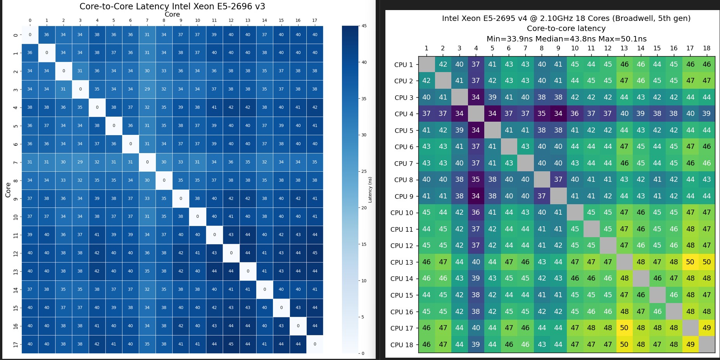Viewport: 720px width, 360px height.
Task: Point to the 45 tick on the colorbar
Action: pyautogui.click(x=364, y=26)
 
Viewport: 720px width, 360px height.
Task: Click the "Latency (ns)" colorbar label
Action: pyautogui.click(x=370, y=190)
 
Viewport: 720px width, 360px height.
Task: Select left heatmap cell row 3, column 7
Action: pyautogui.click(x=147, y=89)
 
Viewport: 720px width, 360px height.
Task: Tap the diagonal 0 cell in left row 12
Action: pyautogui.click(x=231, y=253)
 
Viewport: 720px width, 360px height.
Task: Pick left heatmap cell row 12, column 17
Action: pyautogui.click(x=315, y=253)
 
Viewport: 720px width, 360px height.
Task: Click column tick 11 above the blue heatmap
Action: pyautogui.click(x=214, y=21)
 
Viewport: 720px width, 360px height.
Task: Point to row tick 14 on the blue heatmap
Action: pyautogui.click(x=16, y=289)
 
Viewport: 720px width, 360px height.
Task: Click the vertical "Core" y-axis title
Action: pyautogui.click(x=8, y=190)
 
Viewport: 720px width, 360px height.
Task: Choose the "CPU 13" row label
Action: pyautogui.click(x=402, y=262)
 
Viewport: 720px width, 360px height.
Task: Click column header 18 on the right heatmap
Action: pyautogui.click(x=706, y=48)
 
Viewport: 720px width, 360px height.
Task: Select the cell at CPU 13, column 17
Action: pyautogui.click(x=690, y=262)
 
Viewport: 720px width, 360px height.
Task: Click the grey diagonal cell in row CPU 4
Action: pyautogui.click(x=476, y=114)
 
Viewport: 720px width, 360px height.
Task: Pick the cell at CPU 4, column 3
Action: pyautogui.click(x=459, y=114)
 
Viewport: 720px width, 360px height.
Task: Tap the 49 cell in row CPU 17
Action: pyautogui.click(x=706, y=328)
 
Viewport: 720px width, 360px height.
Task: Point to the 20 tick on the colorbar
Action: pyautogui.click(x=364, y=208)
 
